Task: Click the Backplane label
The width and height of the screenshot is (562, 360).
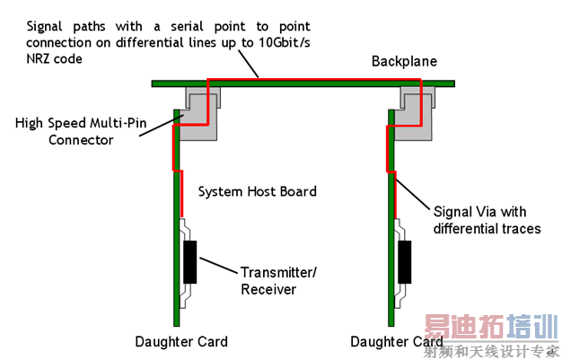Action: coord(404,61)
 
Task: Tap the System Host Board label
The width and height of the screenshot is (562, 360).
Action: coord(258,191)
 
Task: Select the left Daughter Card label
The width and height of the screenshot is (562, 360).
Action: coord(181,342)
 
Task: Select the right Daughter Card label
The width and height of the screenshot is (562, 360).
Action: coord(397,342)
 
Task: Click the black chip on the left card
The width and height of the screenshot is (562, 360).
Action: coord(190,262)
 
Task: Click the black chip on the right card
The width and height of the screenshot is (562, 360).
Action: coord(405,262)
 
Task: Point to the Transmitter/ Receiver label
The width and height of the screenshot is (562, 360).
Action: coord(278,281)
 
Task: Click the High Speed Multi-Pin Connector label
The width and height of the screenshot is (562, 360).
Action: coord(81,131)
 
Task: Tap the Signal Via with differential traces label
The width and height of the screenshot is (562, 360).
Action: coord(487,220)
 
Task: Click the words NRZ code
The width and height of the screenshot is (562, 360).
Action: coord(54,59)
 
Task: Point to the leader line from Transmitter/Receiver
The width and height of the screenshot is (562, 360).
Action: coord(218,266)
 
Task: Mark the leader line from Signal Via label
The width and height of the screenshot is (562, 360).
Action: coord(412,194)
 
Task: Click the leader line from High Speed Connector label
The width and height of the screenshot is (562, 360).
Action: coord(162,125)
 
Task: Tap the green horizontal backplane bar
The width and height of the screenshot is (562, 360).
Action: coord(303,83)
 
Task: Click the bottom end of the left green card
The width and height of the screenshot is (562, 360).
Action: coord(176,326)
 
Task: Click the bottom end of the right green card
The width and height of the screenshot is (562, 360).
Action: coord(391,326)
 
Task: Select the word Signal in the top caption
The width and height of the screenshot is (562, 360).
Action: coord(45,27)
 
